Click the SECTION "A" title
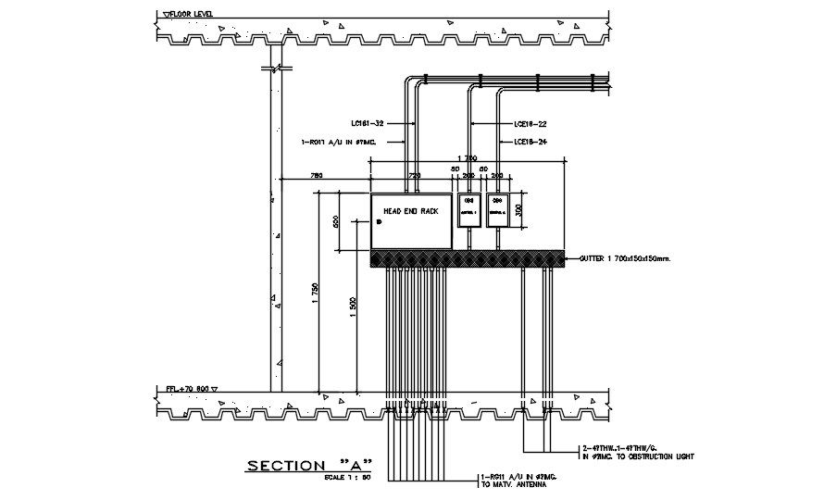tap(309, 465)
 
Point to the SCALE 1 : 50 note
tap(348, 478)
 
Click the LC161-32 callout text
tap(368, 122)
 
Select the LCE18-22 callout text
tap(531, 122)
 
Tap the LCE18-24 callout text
tap(531, 142)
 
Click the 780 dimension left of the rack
tap(316, 174)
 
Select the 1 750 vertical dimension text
tap(316, 292)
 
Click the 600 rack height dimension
tap(337, 221)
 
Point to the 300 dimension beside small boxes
tap(519, 209)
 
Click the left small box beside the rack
tap(468, 209)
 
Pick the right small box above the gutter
tap(498, 209)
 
